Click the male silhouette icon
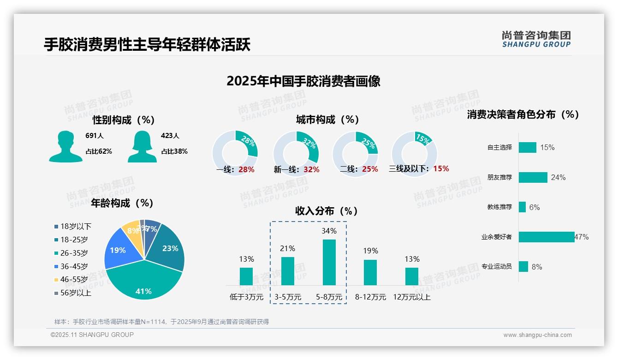point(65,147)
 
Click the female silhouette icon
point(142,147)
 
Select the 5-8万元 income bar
point(329,262)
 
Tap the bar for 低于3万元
point(246,276)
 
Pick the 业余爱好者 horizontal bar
point(547,237)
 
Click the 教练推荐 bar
point(522,207)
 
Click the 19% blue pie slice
point(119,250)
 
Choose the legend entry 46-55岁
point(74,280)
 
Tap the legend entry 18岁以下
point(76,227)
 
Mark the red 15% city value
point(441,169)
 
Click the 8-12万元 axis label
point(370,297)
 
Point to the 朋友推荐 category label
point(499,178)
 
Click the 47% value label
point(582,237)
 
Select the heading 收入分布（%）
point(327,211)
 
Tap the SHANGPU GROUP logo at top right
point(536,39)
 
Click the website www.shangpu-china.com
point(537,335)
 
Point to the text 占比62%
point(99,151)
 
